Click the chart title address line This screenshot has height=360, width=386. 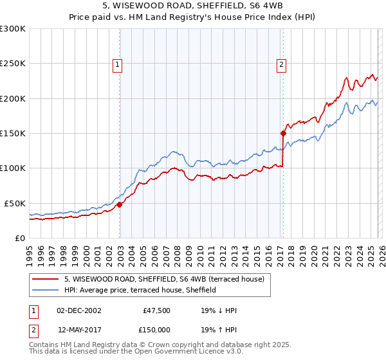click(x=192, y=6)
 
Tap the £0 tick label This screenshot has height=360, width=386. click(x=19, y=238)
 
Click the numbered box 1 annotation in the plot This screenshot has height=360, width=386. click(x=118, y=64)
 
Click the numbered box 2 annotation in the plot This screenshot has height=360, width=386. click(x=282, y=64)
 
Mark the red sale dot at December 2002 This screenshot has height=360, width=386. click(x=120, y=205)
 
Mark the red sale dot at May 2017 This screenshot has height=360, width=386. click(x=283, y=134)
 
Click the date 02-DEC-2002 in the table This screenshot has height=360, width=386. click(x=79, y=311)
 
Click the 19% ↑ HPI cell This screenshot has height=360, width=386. click(x=219, y=328)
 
